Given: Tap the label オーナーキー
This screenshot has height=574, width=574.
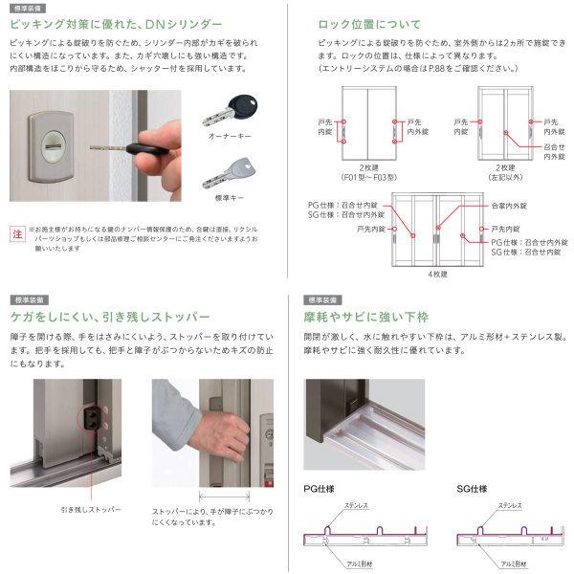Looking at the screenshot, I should point(229,138).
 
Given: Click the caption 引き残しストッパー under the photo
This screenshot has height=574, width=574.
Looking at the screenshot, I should point(90,510).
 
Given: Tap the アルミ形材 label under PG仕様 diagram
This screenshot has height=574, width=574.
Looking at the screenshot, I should point(342,564).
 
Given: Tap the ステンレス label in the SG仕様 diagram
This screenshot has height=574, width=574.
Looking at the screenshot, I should point(508,504).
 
